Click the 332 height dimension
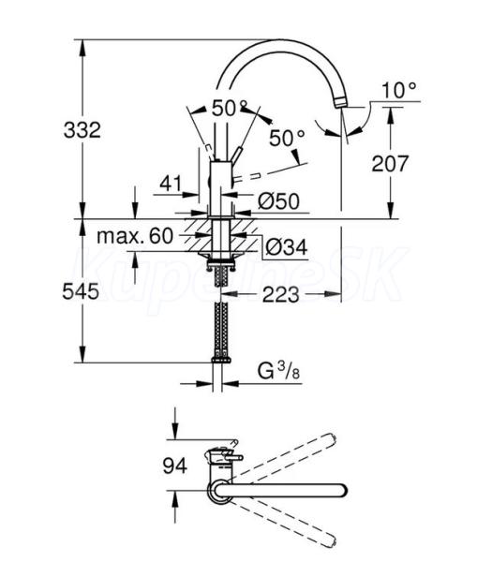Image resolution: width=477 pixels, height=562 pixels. tap(82, 130)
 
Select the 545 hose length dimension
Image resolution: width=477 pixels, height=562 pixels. tap(81, 290)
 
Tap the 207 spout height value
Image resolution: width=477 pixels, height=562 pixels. tap(390, 163)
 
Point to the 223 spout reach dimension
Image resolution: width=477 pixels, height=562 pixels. tap(280, 295)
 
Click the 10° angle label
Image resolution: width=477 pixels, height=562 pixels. tap(399, 90)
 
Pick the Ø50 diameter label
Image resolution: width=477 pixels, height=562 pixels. tap(278, 201)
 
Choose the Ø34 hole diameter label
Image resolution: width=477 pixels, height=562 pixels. tap(287, 247)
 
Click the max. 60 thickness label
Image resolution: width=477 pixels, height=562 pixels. tap(135, 236)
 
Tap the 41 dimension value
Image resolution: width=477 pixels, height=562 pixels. tap(171, 184)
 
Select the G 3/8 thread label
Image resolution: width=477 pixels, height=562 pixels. tap(278, 371)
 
